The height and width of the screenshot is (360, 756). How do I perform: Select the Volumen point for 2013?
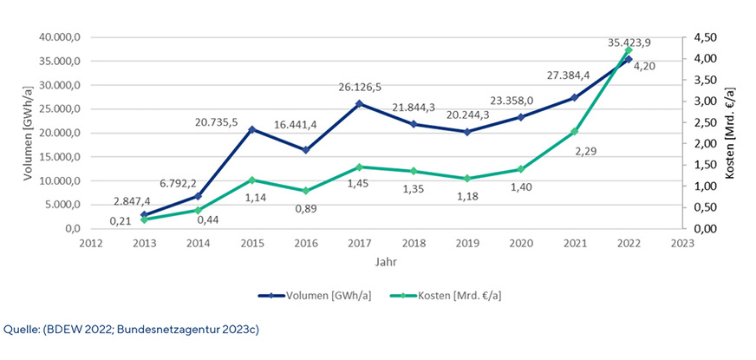[x=144, y=214]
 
